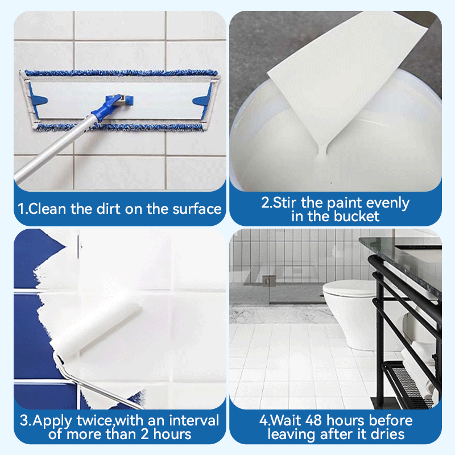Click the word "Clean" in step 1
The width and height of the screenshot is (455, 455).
tap(47, 209)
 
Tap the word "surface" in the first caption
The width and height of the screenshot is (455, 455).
tap(197, 209)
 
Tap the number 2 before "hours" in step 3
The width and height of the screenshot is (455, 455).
tap(145, 435)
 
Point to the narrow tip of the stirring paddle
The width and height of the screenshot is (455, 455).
tap(322, 151)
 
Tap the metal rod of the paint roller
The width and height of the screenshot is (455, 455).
tap(96, 383)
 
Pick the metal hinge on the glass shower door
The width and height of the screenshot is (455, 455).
tap(269, 280)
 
